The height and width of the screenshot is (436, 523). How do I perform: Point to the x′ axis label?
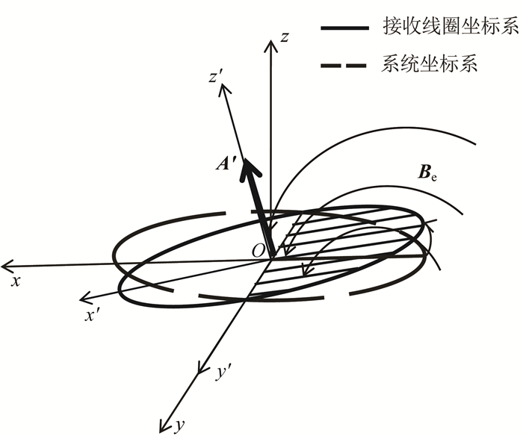point(93,316)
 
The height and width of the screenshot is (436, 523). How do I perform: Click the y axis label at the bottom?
point(179,426)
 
